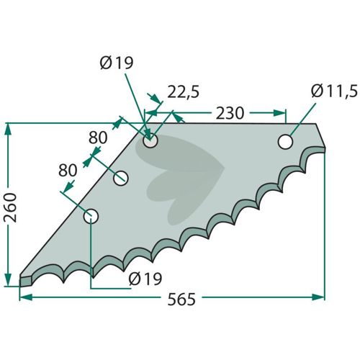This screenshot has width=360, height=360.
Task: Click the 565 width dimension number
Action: (181, 299)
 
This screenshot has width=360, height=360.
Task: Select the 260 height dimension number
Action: (11, 207)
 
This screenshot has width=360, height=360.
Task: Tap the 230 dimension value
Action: (230, 113)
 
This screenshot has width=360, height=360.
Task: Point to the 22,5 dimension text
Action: (183, 92)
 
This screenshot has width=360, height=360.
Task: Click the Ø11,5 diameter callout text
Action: (334, 91)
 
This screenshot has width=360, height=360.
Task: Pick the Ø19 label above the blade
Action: (117, 63)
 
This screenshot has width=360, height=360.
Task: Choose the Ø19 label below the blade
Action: (145, 279)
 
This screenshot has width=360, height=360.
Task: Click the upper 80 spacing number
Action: (98, 138)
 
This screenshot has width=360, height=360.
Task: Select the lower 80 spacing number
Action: (68, 170)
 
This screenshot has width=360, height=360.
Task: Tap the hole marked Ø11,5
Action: (285, 142)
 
